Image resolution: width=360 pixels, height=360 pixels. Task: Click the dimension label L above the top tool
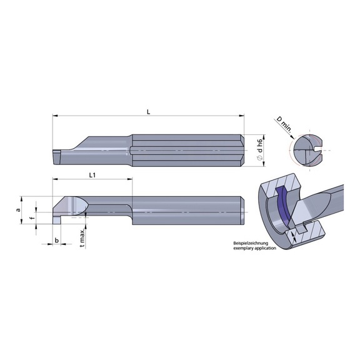(148, 111)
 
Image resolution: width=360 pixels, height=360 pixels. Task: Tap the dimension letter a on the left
(19, 204)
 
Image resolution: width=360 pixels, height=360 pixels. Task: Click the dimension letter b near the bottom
(57, 239)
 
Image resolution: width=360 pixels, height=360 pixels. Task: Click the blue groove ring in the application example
(282, 206)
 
